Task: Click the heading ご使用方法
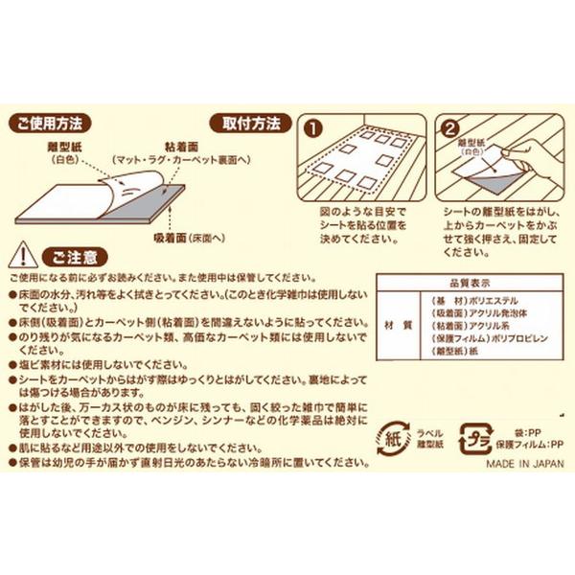coord(49,124)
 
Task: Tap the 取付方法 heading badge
coord(251,124)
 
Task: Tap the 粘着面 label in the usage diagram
coord(181,140)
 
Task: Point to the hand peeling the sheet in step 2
coord(522,153)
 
